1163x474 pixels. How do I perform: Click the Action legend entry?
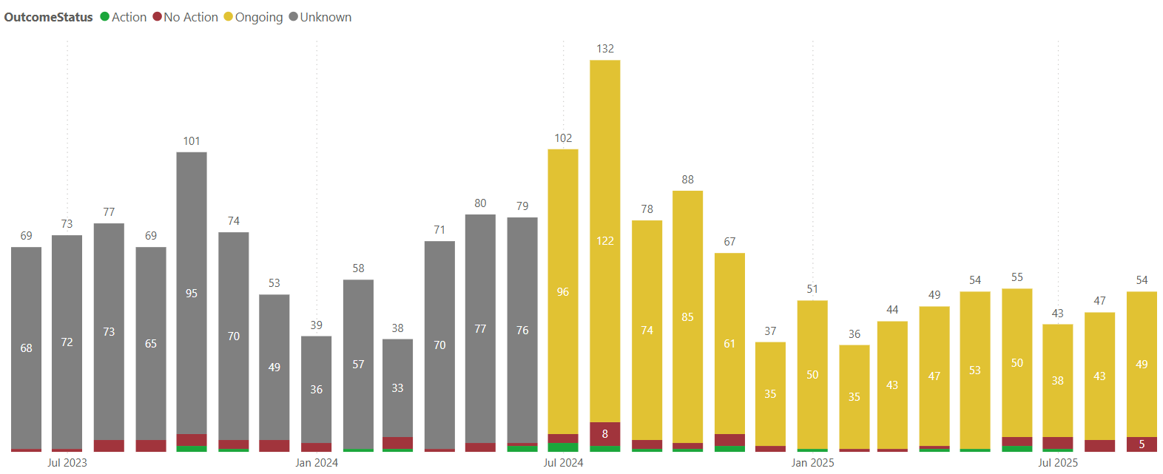(x=124, y=17)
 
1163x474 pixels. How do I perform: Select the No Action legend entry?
(x=186, y=17)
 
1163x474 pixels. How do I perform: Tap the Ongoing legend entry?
(x=254, y=17)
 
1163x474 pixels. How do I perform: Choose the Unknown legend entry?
(x=320, y=17)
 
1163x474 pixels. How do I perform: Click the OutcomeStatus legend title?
(x=49, y=17)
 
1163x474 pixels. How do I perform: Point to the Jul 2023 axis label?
(x=67, y=463)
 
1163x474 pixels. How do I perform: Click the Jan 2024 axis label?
(x=317, y=463)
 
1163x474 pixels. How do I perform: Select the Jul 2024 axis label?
(x=563, y=463)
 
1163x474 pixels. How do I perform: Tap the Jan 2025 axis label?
(x=812, y=463)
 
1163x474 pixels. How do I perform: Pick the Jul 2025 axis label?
(x=1058, y=463)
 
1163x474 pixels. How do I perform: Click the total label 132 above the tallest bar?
(x=605, y=49)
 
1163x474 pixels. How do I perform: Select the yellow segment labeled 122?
(x=605, y=241)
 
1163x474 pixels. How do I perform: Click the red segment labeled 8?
(x=605, y=434)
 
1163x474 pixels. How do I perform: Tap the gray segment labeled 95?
(x=192, y=294)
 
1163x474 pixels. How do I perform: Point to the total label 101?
(x=192, y=141)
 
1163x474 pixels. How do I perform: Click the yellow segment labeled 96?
(x=563, y=292)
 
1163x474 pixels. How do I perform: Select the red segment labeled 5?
(x=1142, y=444)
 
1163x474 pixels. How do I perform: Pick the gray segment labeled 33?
(x=397, y=388)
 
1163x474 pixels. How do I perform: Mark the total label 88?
(x=688, y=180)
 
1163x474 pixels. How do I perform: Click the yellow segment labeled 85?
(x=688, y=317)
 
